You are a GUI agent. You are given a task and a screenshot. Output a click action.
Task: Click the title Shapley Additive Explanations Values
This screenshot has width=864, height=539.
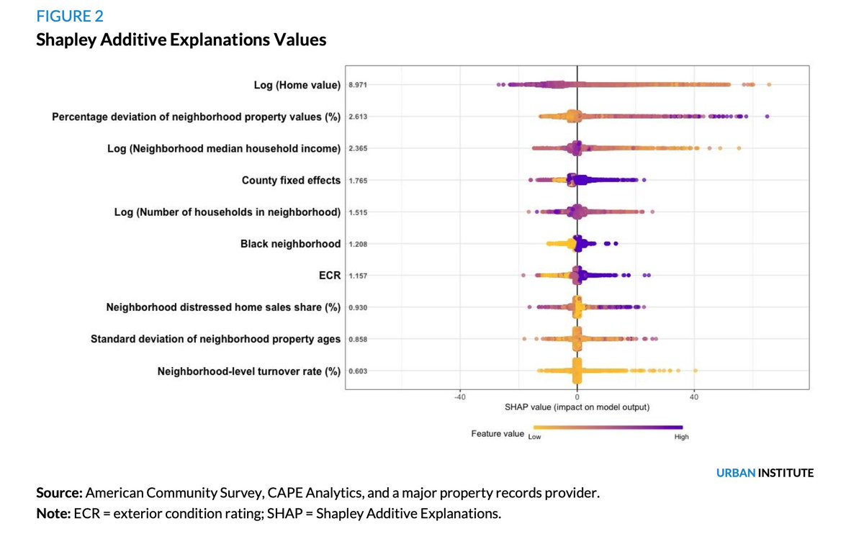[181, 40]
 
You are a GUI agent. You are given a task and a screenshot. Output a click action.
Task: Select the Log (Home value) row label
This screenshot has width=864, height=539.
[297, 85]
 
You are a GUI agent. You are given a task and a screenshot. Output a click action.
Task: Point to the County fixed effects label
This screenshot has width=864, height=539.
[291, 181]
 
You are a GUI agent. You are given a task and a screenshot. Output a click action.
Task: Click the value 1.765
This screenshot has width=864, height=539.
[358, 181]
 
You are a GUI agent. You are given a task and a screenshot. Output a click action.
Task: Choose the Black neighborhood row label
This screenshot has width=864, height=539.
[290, 244]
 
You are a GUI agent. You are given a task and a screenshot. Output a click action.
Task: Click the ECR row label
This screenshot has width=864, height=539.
[329, 276]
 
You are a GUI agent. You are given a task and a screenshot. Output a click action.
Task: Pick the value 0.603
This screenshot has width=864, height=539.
[358, 371]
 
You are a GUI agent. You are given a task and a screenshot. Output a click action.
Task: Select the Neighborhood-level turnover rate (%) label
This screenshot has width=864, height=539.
[248, 371]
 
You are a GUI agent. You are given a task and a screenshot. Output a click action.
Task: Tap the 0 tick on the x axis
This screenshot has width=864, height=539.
[577, 397]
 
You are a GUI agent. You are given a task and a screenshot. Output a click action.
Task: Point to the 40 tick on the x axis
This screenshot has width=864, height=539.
[694, 397]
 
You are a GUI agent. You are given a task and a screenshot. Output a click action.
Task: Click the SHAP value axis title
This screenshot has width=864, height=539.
[577, 407]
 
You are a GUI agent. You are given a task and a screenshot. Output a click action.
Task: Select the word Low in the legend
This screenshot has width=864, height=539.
[534, 437]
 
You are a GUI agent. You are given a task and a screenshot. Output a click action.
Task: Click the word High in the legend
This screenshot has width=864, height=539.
[681, 437]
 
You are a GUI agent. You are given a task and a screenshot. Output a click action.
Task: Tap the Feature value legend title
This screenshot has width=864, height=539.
[498, 434]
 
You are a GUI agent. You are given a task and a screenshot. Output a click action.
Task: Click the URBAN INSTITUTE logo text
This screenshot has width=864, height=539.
[765, 473]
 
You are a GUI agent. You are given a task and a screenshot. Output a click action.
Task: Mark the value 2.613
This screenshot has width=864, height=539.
[358, 117]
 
